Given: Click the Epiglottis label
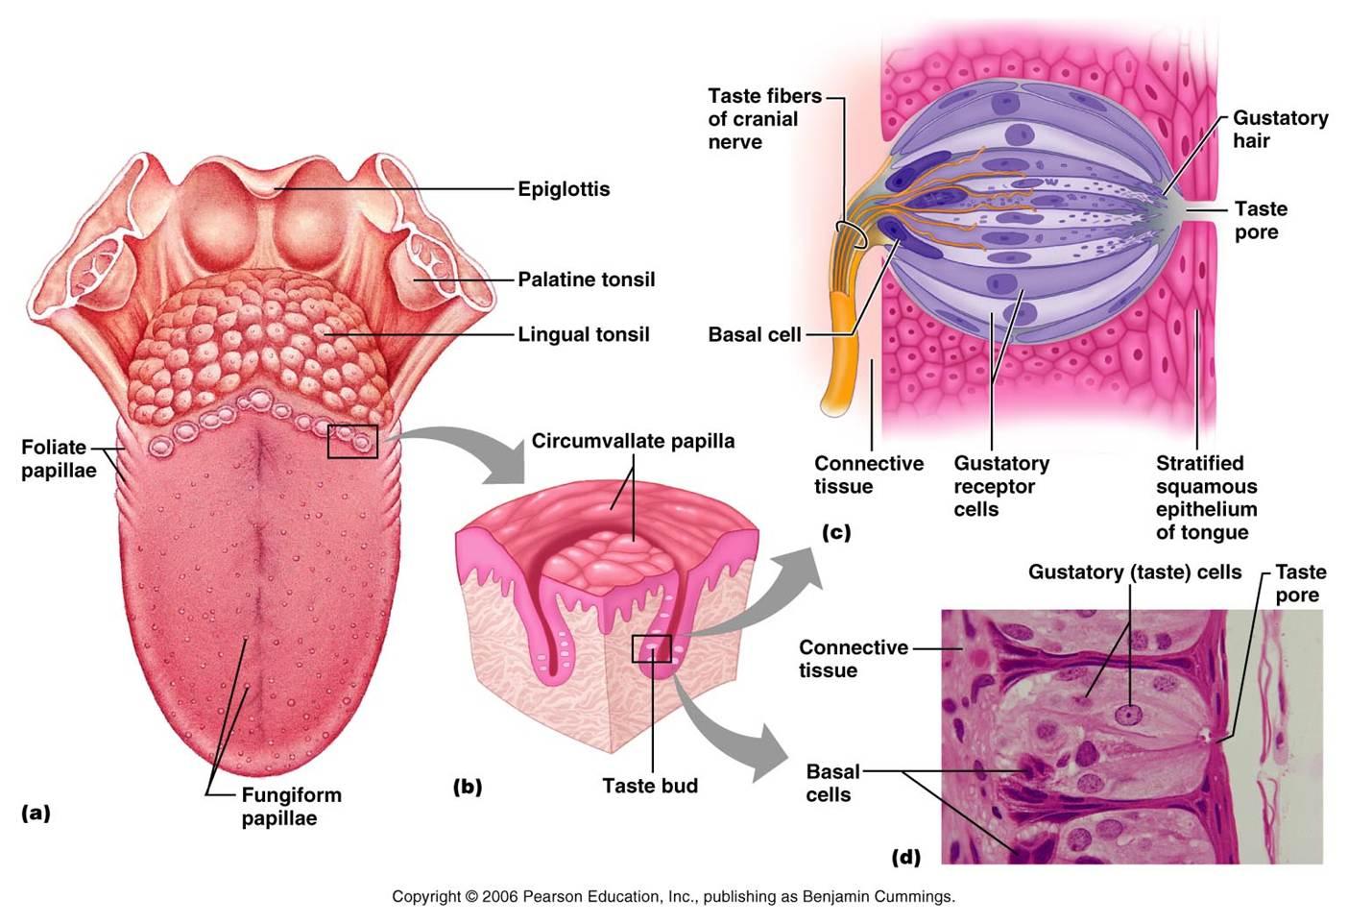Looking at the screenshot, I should pyautogui.click(x=564, y=189).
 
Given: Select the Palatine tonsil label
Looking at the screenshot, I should pyautogui.click(x=586, y=280).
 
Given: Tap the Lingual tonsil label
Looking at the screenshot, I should pyautogui.click(x=583, y=334).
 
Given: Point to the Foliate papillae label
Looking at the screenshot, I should pyautogui.click(x=58, y=458).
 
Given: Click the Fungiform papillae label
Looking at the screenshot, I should pyautogui.click(x=291, y=806).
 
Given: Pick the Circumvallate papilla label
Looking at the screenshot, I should pyautogui.click(x=633, y=441).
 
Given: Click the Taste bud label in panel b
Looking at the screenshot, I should pyautogui.click(x=649, y=786).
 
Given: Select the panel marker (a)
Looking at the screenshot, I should pyautogui.click(x=36, y=813).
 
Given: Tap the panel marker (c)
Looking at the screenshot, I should pyautogui.click(x=835, y=531).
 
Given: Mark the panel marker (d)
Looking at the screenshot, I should pyautogui.click(x=905, y=856).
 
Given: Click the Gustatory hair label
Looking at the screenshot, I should pyautogui.click(x=1279, y=129).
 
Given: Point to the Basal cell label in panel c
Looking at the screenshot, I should pyautogui.click(x=754, y=334).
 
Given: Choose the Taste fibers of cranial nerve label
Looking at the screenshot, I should pyautogui.click(x=763, y=119).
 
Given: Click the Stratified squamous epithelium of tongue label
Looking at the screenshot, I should pyautogui.click(x=1206, y=498).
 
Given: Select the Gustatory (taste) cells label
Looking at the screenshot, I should pyautogui.click(x=1134, y=572).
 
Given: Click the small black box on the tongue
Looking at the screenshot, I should pyautogui.click(x=352, y=441).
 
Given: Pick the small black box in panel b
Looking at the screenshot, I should pyautogui.click(x=651, y=648).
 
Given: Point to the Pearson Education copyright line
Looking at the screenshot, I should pyautogui.click(x=673, y=896).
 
